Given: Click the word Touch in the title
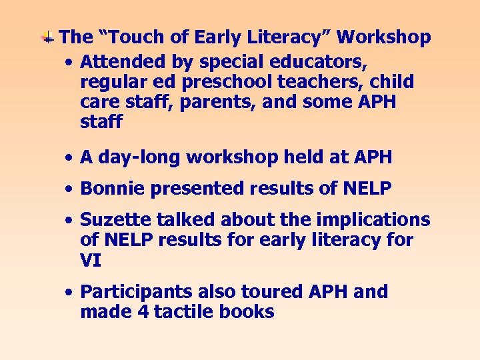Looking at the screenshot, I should [x=130, y=37].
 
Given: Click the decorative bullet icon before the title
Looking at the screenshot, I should [x=48, y=37].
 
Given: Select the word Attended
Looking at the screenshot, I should [x=117, y=62].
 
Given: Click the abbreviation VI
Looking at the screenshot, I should [x=90, y=260].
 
